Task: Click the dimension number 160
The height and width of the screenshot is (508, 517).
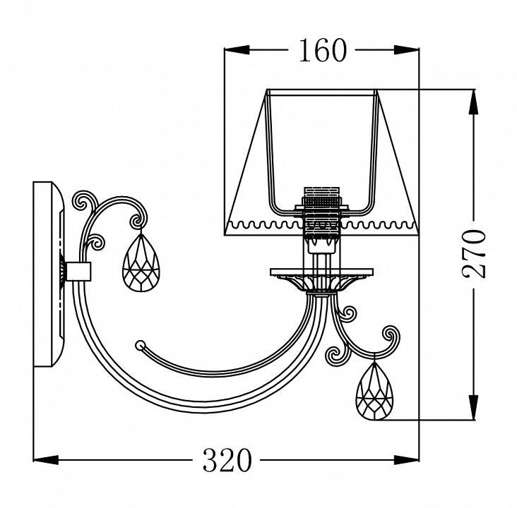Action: coord(323,50)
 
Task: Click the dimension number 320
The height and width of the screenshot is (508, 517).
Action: coord(227,460)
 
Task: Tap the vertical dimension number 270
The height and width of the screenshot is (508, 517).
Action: coord(474,254)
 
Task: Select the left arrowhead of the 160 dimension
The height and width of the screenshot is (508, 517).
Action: coord(237,50)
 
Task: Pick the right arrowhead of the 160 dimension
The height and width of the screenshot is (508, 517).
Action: coord(406,50)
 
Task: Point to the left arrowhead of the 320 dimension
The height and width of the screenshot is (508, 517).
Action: coord(46,460)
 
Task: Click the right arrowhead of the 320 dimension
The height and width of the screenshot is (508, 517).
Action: coord(406,460)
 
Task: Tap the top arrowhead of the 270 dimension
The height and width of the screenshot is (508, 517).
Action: coord(474,102)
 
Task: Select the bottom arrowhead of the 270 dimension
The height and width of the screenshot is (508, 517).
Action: coord(474,408)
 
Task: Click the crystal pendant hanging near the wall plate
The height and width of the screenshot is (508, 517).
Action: coord(141,262)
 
